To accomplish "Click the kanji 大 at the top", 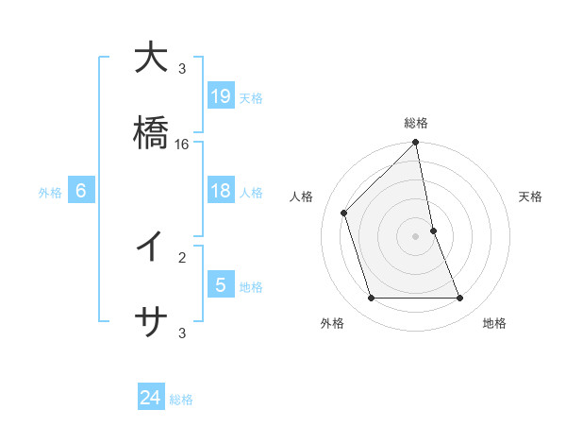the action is coord(151,59).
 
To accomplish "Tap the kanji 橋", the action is coord(151,133).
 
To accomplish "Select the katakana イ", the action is coord(151,247).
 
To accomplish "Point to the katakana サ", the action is coord(151,321).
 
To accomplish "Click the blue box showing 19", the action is coord(221,96).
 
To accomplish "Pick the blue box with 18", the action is coord(221,191).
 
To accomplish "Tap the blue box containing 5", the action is coord(221,284).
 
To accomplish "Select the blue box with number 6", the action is coord(81,191).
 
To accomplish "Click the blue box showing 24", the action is coord(151,398).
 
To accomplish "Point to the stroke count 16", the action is coord(182,145).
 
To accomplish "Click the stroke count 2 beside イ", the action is coord(182,257).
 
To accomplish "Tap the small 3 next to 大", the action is coord(182,69).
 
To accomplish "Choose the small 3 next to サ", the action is coord(182,333).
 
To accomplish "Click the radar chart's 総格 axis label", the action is coord(416,123).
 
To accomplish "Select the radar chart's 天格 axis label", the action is coord(531,196).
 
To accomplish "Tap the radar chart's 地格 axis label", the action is coord(494,324).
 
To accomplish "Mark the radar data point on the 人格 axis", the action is coord(344,213).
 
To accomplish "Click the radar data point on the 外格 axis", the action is coord(372,299).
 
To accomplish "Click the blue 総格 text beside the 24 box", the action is coord(181,400).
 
